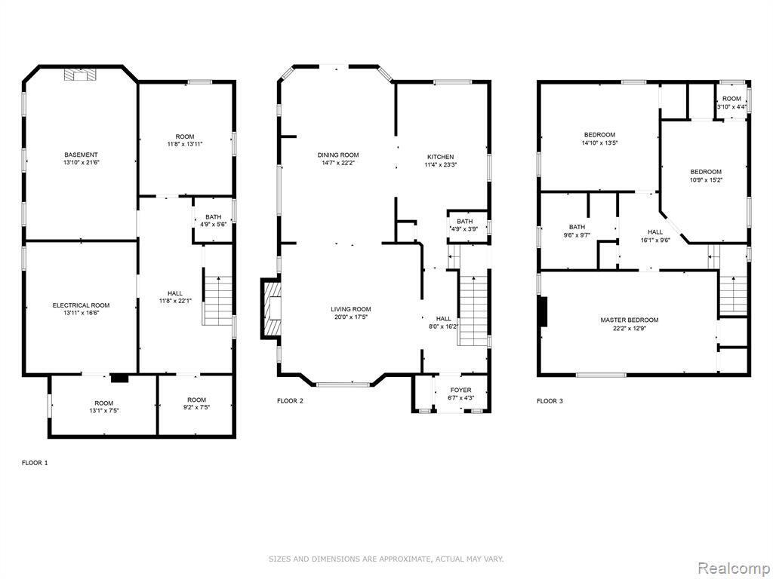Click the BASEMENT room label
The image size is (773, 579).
coord(82,155)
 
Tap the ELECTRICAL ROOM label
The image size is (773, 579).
coord(82,305)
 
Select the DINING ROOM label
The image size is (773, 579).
coord(338,155)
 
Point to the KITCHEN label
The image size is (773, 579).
coord(440,157)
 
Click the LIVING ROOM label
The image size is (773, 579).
coord(351,309)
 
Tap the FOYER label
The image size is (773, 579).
coord(460,390)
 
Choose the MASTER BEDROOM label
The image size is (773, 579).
coord(630,320)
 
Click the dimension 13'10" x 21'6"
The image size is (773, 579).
coord(82,162)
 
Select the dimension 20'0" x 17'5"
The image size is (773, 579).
coord(351,317)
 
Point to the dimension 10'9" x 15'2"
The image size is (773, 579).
coord(706,179)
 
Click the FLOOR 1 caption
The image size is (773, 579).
coord(35,463)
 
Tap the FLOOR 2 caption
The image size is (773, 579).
coord(291,401)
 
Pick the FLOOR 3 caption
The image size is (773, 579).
coord(550,401)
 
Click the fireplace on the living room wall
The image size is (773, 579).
coord(272,308)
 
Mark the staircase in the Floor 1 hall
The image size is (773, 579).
coord(217,300)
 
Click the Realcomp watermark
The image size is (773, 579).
coord(734,568)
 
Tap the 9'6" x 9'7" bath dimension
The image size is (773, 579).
coord(577,235)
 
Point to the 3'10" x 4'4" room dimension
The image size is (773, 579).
coord(731,106)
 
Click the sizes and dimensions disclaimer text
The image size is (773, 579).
coord(386,559)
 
